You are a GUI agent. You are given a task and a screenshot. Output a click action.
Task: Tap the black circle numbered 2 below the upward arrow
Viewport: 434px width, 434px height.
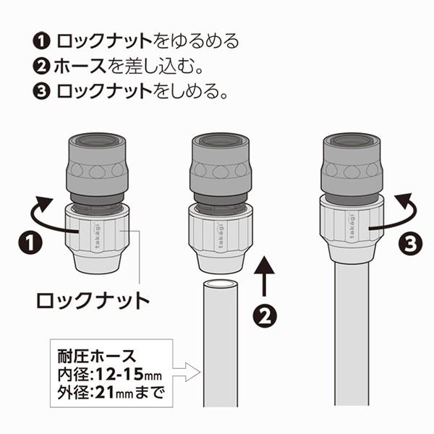pos(265,316)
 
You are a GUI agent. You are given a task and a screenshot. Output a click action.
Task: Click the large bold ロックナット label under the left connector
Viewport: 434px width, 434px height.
pos(94,299)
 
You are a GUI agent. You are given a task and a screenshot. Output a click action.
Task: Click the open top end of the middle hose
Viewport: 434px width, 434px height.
pos(221,284)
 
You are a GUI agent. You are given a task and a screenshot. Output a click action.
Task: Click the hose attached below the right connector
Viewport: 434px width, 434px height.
pos(351,333)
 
